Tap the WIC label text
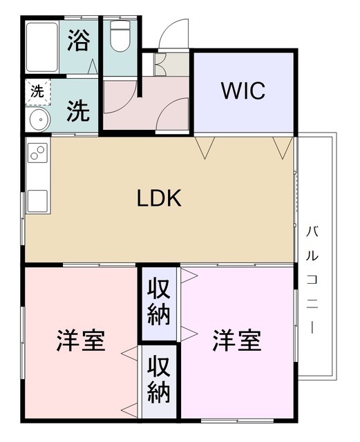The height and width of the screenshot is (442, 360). click(x=243, y=91)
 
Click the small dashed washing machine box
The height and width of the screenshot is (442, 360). click(x=36, y=90)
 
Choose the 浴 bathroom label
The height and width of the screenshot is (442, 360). click(x=78, y=41)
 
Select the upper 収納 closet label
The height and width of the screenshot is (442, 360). click(x=158, y=303)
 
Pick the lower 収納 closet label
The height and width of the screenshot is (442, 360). click(x=158, y=381)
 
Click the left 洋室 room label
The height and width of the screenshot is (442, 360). click(x=80, y=340)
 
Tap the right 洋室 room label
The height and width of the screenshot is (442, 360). click(x=236, y=340)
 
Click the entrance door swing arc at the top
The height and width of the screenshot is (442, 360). click(x=173, y=35)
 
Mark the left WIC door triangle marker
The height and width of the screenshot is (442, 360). click(x=205, y=146)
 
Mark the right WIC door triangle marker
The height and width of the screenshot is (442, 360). click(x=281, y=146)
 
